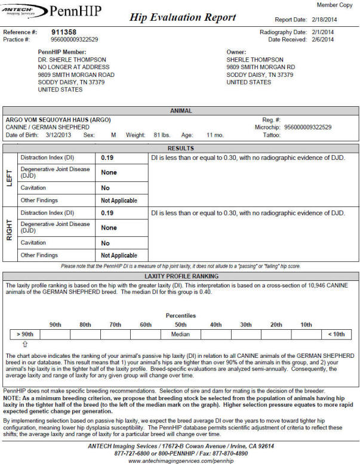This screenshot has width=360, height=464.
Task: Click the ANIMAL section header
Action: click(180, 111)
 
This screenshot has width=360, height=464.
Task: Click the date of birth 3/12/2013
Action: click(59, 135)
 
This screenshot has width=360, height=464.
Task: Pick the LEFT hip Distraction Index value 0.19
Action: click(107, 157)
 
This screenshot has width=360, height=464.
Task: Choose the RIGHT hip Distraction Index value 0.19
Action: click(107, 212)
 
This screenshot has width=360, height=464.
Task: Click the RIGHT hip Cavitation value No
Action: click(105, 243)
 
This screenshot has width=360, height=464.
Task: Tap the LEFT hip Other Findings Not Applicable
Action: click(119, 200)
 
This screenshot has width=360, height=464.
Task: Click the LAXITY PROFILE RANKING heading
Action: click(180, 277)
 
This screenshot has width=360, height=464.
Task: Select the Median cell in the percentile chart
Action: click(180, 335)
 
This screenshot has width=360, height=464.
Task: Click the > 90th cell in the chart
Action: click(26, 335)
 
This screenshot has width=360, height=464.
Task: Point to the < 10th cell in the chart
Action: click(336, 335)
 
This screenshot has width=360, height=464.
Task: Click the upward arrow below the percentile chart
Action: click(25, 344)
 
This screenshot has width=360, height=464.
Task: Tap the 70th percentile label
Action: click(116, 324)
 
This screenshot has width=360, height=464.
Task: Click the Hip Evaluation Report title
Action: click(183, 18)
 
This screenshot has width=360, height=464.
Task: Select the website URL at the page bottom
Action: click(180, 460)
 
